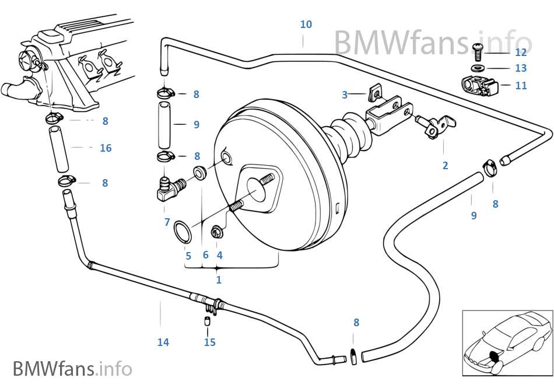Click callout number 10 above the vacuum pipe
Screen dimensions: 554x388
coord(306,25)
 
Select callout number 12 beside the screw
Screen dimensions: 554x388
coord(521,53)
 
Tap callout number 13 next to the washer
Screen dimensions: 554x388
coord(521,68)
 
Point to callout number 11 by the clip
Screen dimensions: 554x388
coord(521,85)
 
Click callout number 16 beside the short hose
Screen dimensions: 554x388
coord(106,148)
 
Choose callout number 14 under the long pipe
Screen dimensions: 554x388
coord(163,342)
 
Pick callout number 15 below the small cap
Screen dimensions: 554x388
coord(209,342)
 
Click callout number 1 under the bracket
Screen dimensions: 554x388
coord(219,280)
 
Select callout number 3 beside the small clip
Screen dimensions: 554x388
coord(345,95)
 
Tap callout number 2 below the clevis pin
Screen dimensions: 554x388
coord(445,165)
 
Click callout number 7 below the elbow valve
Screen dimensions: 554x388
coord(167,222)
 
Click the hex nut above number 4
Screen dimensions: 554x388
coord(216,233)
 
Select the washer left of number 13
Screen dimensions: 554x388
coord(478,68)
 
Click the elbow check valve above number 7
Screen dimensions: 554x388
coord(169,189)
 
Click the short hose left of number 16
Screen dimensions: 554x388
coord(58,150)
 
